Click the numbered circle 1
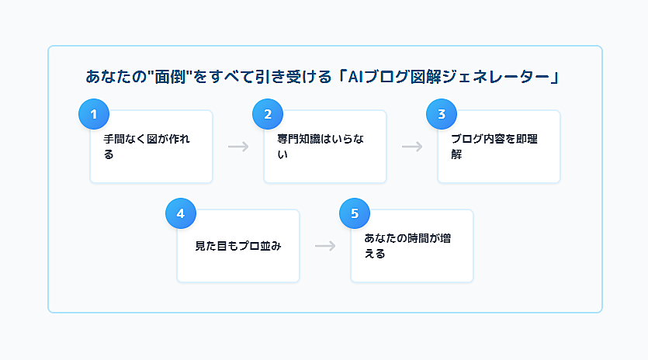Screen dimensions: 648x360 [94, 114]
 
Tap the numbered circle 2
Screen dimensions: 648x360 [268, 114]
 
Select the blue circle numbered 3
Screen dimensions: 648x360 [442, 114]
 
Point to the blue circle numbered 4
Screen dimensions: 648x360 [181, 213]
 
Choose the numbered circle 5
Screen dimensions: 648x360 [355, 213]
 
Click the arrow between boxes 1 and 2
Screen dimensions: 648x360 [238, 147]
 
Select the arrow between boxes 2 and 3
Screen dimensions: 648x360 [412, 147]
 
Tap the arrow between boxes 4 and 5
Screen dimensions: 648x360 [325, 247]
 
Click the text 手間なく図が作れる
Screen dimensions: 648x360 [147, 147]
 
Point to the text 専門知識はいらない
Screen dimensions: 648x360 [321, 147]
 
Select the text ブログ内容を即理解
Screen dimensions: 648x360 [494, 147]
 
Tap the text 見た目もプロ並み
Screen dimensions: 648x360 [238, 247]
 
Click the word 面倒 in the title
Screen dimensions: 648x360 [170, 77]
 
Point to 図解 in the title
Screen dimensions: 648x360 [426, 77]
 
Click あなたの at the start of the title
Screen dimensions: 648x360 [116, 77]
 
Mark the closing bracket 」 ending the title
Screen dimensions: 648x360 [555, 77]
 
